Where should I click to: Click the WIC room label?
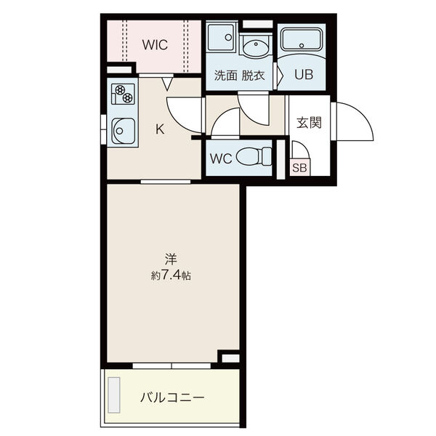click(x=155, y=45)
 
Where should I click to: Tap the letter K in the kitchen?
click(x=160, y=129)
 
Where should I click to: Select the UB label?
click(x=304, y=74)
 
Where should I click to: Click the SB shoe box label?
click(x=299, y=168)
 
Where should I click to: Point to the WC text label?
click(x=221, y=158)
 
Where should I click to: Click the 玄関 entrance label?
click(x=309, y=123)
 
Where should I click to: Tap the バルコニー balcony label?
click(x=172, y=398)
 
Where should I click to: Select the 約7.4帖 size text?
click(x=171, y=275)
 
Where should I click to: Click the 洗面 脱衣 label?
click(x=239, y=76)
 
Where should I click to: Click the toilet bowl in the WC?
click(x=254, y=156)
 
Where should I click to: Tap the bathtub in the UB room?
click(x=302, y=39)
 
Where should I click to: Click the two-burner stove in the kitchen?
click(x=123, y=94)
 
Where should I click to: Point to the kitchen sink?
click(x=124, y=131)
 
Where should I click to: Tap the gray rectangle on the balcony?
click(x=114, y=395)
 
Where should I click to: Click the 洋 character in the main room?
click(x=171, y=259)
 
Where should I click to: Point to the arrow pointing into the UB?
click(x=280, y=76)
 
